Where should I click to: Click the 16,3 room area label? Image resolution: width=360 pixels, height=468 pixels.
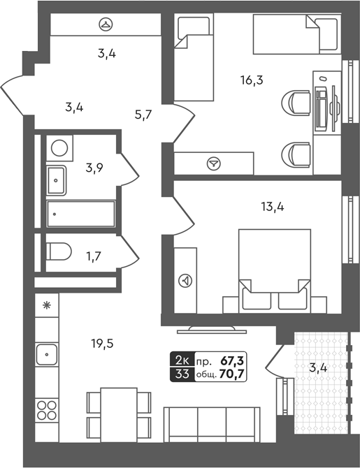click(252, 80)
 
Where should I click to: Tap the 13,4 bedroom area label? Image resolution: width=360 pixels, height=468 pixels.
click(273, 207)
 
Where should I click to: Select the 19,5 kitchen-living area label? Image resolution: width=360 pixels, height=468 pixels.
click(103, 344)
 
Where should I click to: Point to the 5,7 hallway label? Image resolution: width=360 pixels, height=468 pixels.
click(143, 115)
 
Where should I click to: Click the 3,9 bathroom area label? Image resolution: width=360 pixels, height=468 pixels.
click(94, 168)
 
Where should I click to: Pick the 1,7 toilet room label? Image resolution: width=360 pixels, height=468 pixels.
click(93, 256)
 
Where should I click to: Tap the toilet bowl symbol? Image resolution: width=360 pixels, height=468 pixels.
click(59, 251)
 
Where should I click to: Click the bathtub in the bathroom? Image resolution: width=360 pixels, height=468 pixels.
click(80, 214)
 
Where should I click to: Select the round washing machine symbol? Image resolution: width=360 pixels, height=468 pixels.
click(59, 148)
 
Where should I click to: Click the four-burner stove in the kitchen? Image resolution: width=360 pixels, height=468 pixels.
click(47, 411)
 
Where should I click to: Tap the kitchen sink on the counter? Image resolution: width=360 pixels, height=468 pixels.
click(47, 354)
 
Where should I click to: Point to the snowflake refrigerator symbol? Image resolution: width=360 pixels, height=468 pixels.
click(46, 305)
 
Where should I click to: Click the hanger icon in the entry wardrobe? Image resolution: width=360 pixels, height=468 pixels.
click(106, 24)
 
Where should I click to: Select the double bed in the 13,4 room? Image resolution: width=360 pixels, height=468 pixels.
click(275, 271)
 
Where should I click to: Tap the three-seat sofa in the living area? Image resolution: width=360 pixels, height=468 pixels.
click(212, 424)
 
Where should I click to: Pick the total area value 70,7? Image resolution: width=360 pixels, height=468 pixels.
click(231, 374)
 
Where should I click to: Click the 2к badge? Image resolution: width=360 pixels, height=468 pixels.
click(182, 360)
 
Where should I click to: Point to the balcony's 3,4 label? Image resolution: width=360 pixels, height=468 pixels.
click(318, 367)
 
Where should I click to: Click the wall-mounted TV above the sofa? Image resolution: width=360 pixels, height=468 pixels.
click(212, 330)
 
